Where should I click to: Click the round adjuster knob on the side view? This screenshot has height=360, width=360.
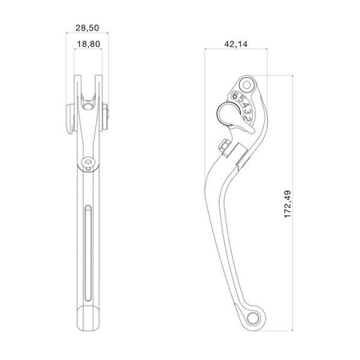pos(222,110)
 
